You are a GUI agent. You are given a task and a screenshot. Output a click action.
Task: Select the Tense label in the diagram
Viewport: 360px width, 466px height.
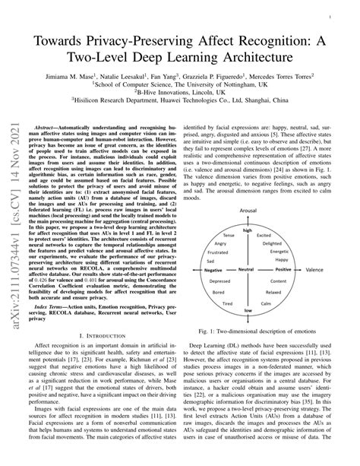[x=242, y=214]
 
